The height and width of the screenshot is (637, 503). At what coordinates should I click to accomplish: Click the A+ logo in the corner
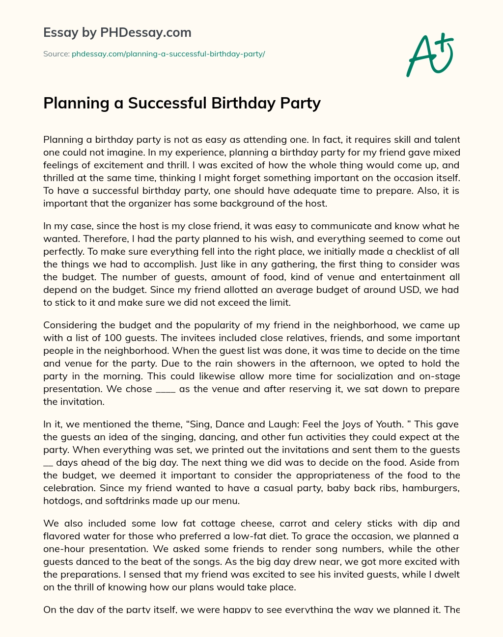pos(429,54)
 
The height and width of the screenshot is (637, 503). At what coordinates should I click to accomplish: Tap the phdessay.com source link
pos(168,54)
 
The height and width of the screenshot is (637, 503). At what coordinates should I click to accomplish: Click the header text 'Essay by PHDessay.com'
pos(117,33)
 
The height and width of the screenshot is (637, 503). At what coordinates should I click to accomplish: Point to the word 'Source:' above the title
pos(56,54)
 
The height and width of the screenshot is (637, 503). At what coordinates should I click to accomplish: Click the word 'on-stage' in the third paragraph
pos(440,376)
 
